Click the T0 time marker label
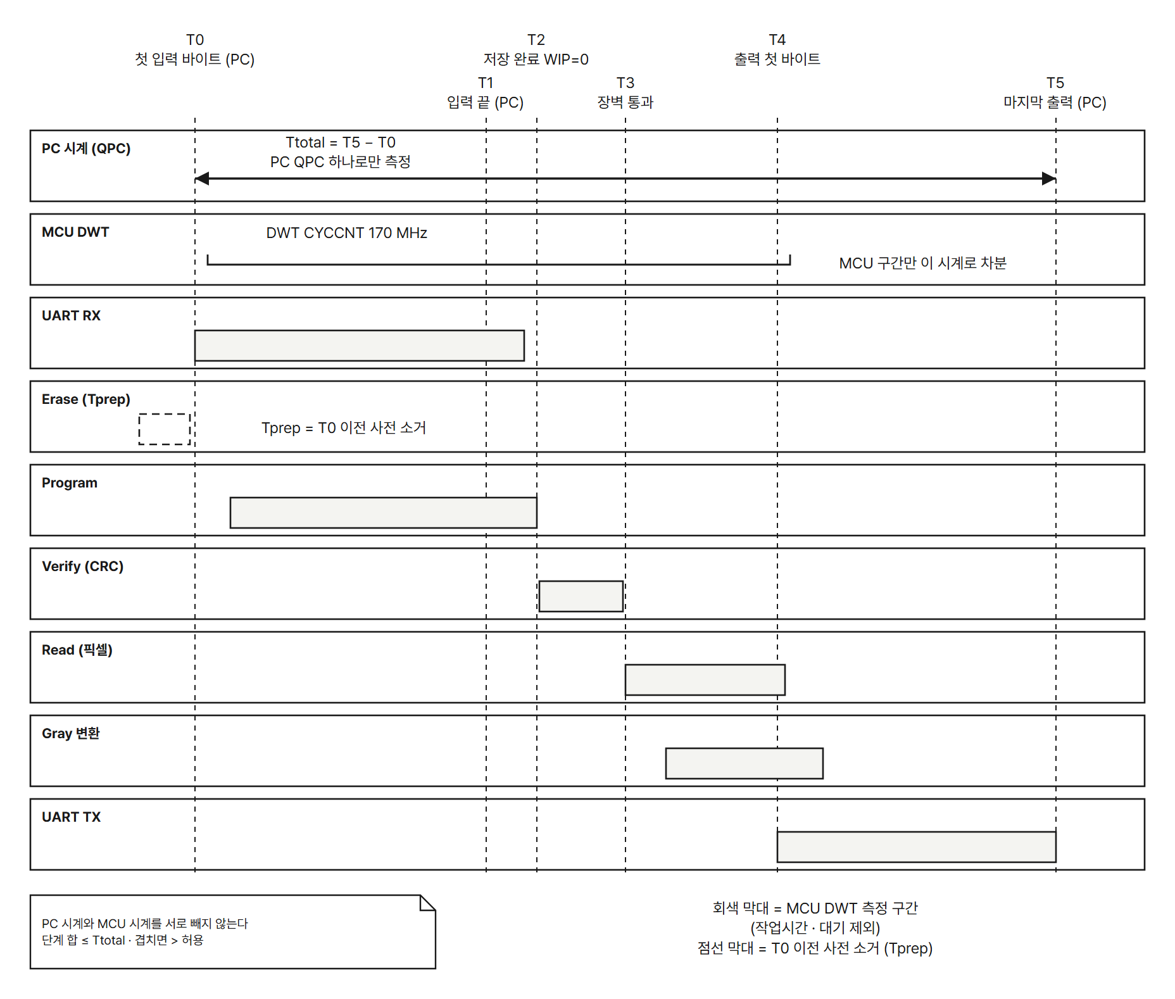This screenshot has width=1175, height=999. (195, 40)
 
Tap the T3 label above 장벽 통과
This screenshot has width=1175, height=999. (625, 83)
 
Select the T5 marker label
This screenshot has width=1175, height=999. (1055, 83)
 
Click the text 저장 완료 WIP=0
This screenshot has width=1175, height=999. (536, 60)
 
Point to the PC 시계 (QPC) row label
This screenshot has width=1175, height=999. (86, 149)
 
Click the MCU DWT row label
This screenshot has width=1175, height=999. (75, 232)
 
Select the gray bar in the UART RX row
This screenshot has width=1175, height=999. (360, 346)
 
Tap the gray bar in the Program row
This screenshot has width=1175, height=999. (384, 513)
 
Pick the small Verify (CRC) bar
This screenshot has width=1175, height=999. (581, 596)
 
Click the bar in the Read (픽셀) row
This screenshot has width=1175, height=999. (705, 680)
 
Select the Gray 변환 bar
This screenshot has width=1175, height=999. (745, 763)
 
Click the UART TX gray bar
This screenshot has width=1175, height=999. (917, 847)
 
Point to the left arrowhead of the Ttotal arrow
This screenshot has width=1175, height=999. (201, 179)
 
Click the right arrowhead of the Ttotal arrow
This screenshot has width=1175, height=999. (1050, 179)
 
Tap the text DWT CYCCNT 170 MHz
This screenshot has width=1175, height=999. (347, 233)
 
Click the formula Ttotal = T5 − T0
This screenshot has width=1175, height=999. (341, 142)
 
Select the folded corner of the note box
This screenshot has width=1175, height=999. (428, 903)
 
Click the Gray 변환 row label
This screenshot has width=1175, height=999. (71, 734)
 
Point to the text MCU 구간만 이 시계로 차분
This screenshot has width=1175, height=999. (923, 263)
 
